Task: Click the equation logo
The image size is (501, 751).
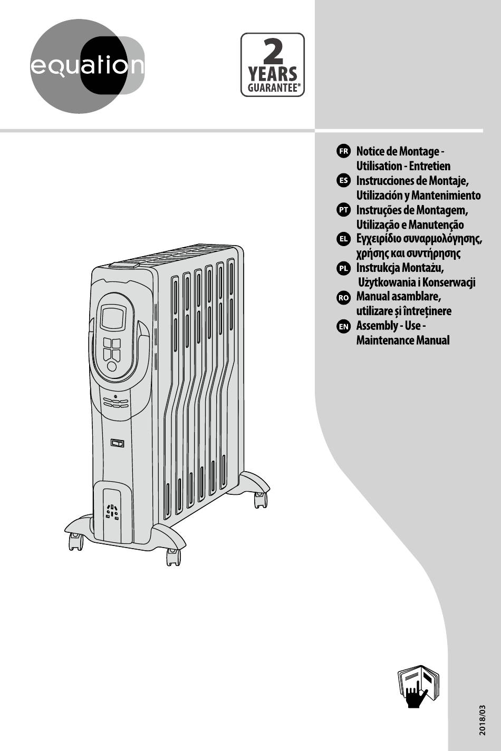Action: [86, 66]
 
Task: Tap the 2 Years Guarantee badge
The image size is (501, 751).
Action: [273, 65]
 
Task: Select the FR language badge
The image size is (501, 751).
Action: [343, 151]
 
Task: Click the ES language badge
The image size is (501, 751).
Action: [343, 181]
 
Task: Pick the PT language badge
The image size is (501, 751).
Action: [343, 210]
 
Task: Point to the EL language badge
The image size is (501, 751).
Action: [343, 239]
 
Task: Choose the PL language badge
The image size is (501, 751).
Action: [343, 268]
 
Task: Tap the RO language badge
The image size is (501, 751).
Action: [343, 297]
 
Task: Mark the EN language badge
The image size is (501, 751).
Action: [343, 326]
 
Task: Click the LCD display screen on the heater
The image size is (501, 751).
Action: [113, 318]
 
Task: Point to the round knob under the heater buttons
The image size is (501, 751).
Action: [112, 366]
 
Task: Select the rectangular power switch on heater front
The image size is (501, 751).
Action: [117, 443]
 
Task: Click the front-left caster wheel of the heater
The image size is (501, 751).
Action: [75, 541]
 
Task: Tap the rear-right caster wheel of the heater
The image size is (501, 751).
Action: [260, 499]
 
